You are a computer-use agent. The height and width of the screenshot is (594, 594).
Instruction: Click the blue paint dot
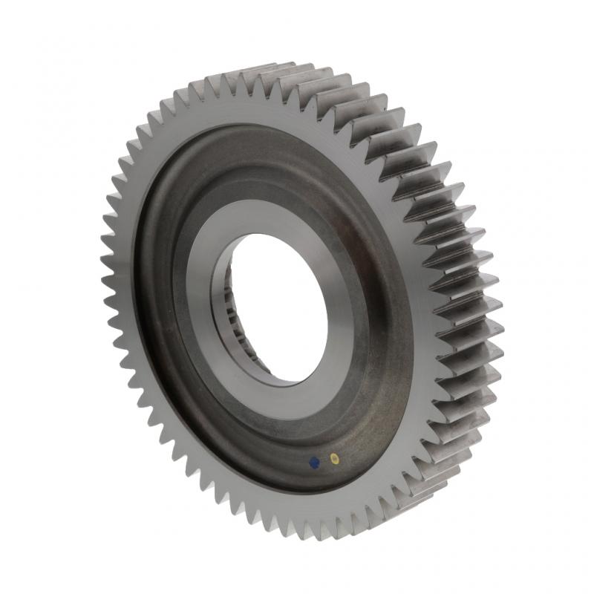[x=314, y=461]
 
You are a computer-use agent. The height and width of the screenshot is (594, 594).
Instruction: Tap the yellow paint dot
[x=334, y=458]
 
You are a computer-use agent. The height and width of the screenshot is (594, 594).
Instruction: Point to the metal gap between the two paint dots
[x=324, y=460]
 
